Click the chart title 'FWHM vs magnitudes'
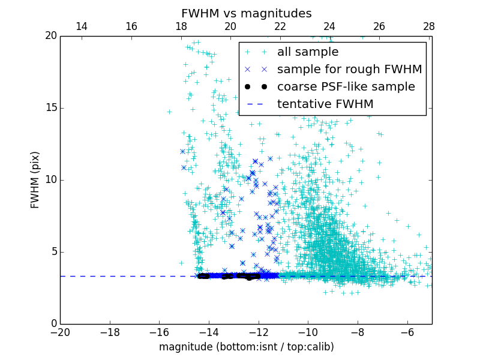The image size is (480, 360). pyautogui.click(x=246, y=13)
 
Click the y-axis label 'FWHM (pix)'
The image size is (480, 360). pyautogui.click(x=35, y=179)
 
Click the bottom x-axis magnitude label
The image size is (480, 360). pyautogui.click(x=246, y=347)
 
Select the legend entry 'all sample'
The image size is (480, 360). pyautogui.click(x=308, y=52)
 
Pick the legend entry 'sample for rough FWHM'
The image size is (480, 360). pyautogui.click(x=349, y=70)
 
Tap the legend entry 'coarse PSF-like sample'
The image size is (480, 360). pyautogui.click(x=346, y=87)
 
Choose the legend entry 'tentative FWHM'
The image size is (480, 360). pyautogui.click(x=325, y=104)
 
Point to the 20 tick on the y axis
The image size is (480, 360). pyautogui.click(x=50, y=36)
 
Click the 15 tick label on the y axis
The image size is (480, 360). pyautogui.click(x=50, y=108)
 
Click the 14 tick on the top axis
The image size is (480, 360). pyautogui.click(x=82, y=26)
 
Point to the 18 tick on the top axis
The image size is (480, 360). pyautogui.click(x=181, y=26)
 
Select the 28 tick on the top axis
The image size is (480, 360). pyautogui.click(x=428, y=26)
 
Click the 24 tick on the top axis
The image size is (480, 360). pyautogui.click(x=329, y=26)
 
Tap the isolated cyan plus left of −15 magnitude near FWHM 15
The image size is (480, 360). pyautogui.click(x=169, y=112)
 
